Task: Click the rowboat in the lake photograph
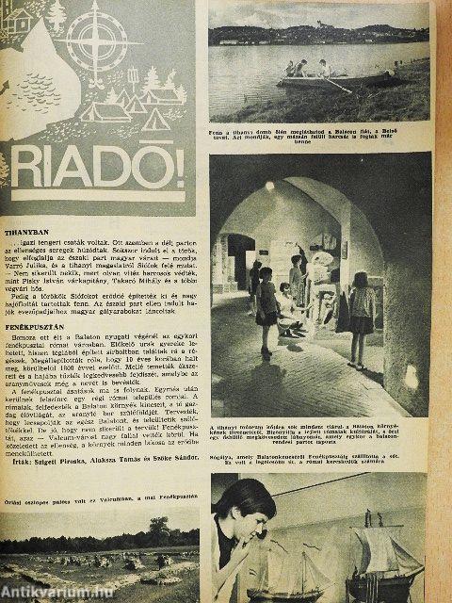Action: pyautogui.click(x=310, y=77)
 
